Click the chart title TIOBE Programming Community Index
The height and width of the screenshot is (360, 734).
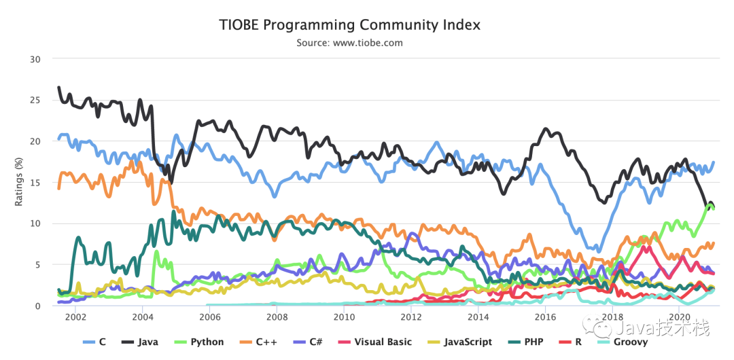(349, 25)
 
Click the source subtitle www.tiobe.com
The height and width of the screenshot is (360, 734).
(349, 43)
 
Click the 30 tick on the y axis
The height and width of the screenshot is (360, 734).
(35, 59)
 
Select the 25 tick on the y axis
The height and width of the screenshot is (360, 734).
(35, 100)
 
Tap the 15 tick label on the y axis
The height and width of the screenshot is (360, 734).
(35, 182)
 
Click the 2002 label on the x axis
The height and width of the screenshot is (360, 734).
(75, 317)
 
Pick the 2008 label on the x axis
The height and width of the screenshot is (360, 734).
(277, 317)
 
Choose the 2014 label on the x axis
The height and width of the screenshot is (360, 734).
(478, 317)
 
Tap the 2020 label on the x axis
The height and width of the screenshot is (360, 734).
(680, 317)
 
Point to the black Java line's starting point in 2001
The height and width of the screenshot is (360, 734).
(58, 87)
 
